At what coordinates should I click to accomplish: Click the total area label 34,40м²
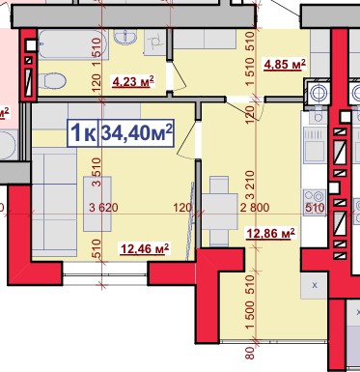tap(137, 133)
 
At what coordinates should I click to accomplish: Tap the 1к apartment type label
tap(83, 133)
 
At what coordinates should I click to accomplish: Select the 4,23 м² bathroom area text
tap(133, 82)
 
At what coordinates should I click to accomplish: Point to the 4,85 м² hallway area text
tap(285, 65)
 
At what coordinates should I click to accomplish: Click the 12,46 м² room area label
tap(145, 249)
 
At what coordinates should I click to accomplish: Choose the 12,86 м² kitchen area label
tap(270, 234)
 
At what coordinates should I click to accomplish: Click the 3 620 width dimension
tap(103, 208)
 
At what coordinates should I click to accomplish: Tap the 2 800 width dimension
tap(255, 208)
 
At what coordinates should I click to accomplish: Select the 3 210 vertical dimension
tap(250, 185)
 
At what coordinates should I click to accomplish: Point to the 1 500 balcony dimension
tap(250, 315)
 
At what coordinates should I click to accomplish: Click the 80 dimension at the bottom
tap(250, 353)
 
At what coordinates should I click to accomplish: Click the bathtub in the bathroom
tap(72, 44)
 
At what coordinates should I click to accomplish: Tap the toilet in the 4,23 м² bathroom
tap(52, 80)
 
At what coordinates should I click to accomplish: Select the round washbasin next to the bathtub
tap(125, 37)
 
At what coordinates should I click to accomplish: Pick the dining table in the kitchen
tap(220, 212)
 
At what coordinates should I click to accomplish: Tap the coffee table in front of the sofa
tap(97, 204)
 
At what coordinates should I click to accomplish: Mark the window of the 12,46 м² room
tap(105, 273)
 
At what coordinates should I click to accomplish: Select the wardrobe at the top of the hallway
tap(204, 39)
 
